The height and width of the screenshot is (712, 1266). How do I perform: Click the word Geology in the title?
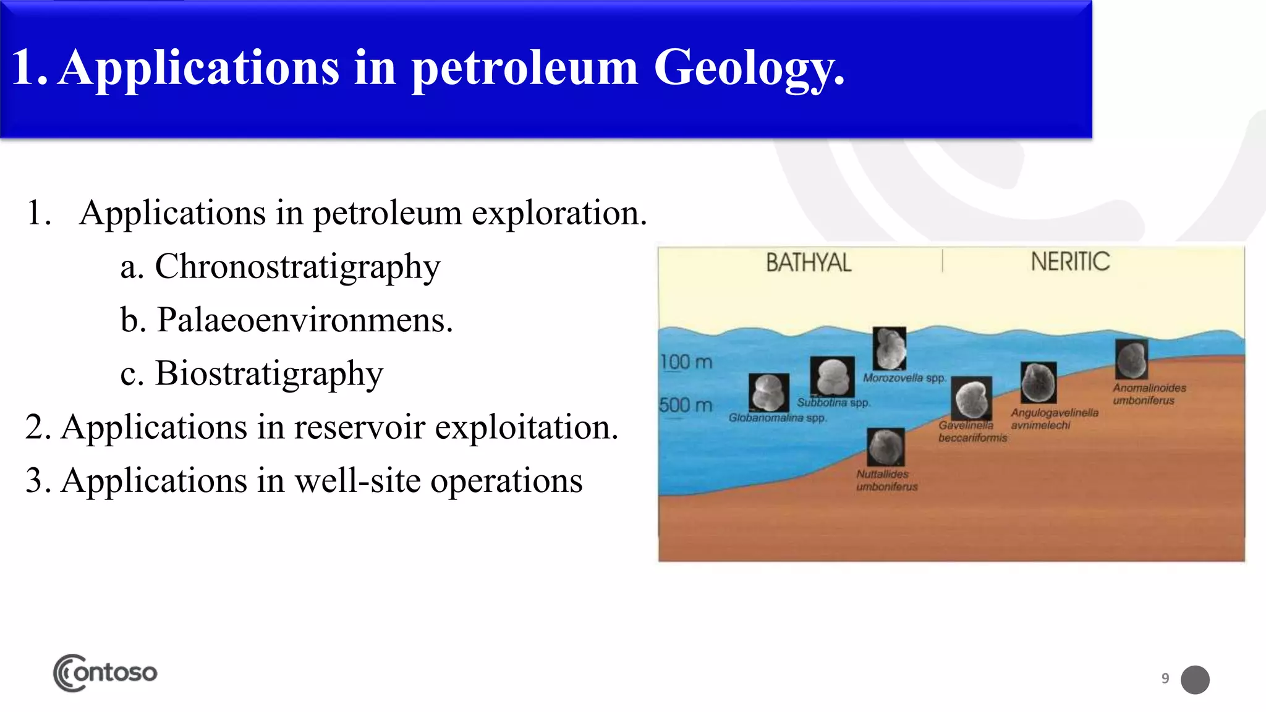[748, 68]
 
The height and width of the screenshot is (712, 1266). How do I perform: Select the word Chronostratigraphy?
[297, 267]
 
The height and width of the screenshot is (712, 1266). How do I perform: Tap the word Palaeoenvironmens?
[304, 320]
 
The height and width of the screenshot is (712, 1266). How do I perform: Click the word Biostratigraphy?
[269, 374]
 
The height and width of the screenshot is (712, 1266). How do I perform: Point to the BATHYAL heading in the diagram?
[808, 263]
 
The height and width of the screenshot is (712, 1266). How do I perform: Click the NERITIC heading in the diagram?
[1070, 261]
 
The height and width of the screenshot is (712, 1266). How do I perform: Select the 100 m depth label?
[686, 362]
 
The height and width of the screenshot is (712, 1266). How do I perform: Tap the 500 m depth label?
[686, 405]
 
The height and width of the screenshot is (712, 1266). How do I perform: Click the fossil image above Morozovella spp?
[889, 349]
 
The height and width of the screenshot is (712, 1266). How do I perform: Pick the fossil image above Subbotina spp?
[832, 376]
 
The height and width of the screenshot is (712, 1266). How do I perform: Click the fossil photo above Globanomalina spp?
[768, 392]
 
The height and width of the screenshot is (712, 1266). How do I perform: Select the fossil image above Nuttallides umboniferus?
[886, 447]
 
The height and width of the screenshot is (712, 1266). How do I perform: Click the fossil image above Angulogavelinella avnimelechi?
[1039, 383]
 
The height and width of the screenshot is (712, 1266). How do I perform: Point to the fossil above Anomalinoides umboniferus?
[1131, 359]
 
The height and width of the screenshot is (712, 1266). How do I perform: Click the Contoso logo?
[105, 672]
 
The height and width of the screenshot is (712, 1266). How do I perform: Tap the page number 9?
[1165, 679]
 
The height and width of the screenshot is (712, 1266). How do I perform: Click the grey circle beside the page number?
[1195, 680]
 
